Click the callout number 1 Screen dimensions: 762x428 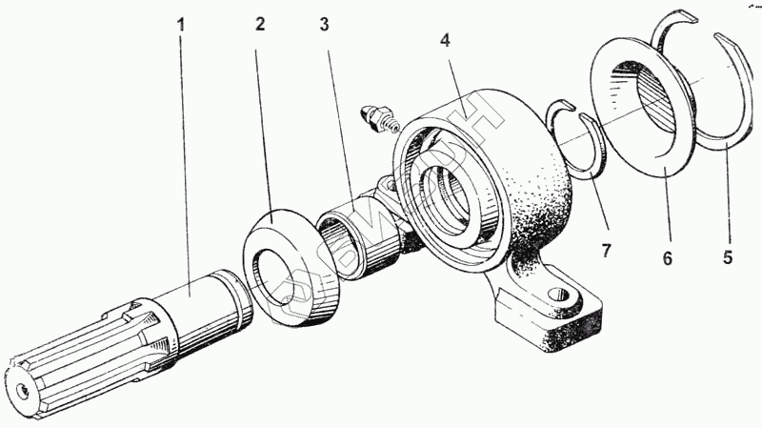[180, 24]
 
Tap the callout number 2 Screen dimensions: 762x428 [258, 24]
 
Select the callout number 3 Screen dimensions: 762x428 [324, 24]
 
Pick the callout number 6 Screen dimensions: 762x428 [668, 257]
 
